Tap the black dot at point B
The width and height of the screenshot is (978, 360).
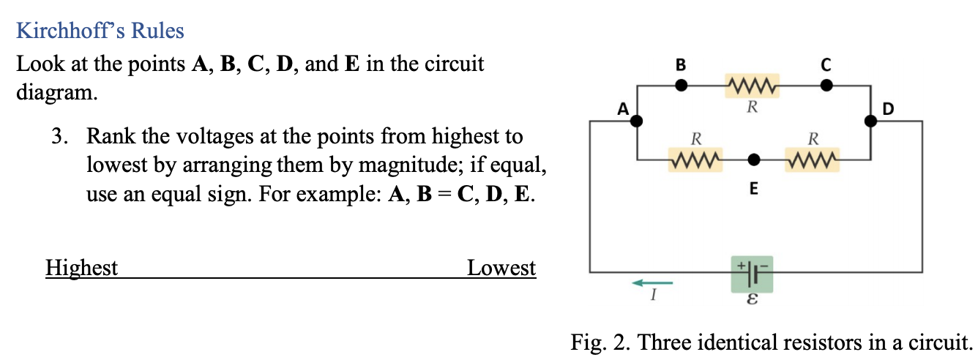coord(681,85)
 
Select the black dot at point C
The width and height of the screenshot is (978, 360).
coord(826,85)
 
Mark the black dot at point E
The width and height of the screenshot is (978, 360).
coord(753,159)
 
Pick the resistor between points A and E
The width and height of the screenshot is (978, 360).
coord(695,159)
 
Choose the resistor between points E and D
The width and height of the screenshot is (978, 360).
coord(812,159)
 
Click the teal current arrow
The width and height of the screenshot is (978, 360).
coord(652,282)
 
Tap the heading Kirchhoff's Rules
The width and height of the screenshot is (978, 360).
coord(100,31)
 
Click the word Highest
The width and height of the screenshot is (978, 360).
coord(81,269)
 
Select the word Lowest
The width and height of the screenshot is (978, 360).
coord(501,269)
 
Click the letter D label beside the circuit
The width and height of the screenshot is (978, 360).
coord(889,110)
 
